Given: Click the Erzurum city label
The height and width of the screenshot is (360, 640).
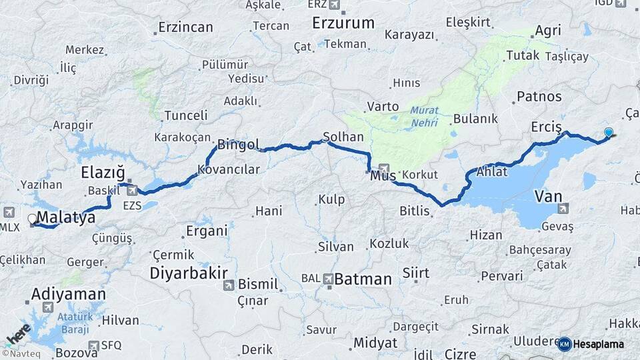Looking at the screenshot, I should pos(343,23).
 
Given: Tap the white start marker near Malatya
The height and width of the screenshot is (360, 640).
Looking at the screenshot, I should pos(32,219).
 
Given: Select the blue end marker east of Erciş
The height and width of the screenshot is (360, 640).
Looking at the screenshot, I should pos(608,132).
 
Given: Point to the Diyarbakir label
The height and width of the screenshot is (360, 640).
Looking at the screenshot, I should pos(189,273).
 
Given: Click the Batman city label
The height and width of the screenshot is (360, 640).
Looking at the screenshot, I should pos(363,279).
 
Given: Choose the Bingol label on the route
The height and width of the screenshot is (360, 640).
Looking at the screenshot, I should pos(238,144).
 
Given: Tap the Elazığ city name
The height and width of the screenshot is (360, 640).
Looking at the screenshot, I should pos(103,173).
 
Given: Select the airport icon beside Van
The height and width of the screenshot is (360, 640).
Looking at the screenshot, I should pos(563,209).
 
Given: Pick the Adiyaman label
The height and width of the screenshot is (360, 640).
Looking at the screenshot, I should pos(69,294).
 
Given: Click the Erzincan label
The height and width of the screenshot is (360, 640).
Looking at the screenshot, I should pos(185,27).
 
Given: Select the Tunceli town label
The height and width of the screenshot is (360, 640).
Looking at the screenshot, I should pos(186,115).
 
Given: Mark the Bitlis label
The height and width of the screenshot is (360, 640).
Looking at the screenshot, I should pos(416,211).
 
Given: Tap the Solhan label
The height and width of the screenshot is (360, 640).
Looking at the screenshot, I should pos(343,136).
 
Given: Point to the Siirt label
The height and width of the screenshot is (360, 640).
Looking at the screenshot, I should pos(416,273).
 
